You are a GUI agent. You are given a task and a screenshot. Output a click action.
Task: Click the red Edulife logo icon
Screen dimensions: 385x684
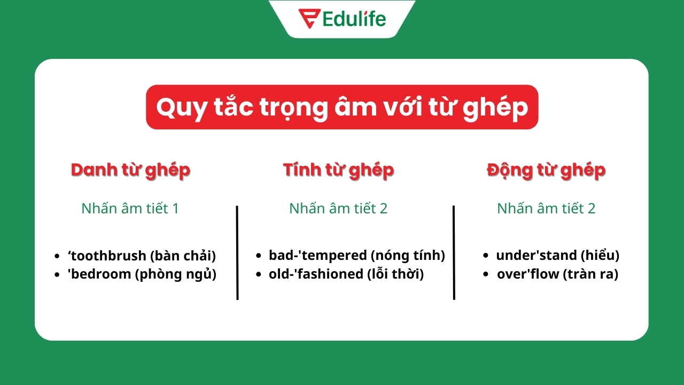click(x=309, y=19)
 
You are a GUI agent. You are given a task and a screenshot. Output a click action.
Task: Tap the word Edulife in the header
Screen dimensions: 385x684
click(x=354, y=19)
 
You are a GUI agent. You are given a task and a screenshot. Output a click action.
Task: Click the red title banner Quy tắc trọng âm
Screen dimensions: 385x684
click(x=342, y=107)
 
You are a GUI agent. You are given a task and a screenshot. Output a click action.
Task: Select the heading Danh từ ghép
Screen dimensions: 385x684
click(x=130, y=170)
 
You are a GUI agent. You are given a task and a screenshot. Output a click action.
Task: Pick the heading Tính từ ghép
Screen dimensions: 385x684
click(x=338, y=170)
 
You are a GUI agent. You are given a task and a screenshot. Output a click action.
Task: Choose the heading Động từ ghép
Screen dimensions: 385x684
click(x=546, y=170)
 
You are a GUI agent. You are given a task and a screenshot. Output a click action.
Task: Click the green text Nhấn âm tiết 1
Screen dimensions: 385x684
click(x=130, y=209)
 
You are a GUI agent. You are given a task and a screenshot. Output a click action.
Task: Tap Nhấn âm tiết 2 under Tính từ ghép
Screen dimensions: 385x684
click(x=338, y=209)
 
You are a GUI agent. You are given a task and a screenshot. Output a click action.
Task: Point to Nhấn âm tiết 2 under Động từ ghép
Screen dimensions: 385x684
click(x=546, y=209)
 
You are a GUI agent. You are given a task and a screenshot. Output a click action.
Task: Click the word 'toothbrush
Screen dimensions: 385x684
click(x=107, y=256)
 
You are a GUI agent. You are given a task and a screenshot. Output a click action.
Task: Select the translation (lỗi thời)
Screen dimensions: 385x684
click(x=395, y=274)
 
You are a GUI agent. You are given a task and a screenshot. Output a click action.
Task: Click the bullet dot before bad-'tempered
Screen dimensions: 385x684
click(x=259, y=256)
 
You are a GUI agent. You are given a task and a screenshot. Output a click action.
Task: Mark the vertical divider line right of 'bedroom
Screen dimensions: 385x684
click(x=237, y=252)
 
